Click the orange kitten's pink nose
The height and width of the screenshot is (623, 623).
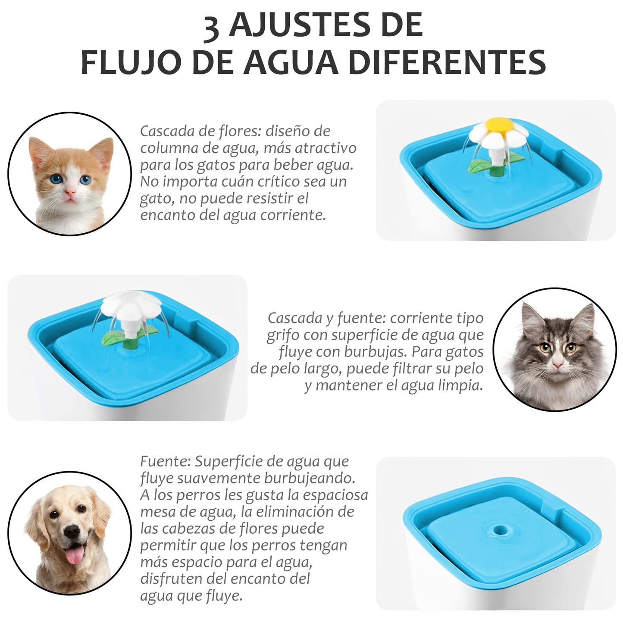[70, 193]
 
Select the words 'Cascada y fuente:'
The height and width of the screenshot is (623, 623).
[326, 319]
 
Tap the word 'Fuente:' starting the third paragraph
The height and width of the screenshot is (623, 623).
[165, 461]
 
